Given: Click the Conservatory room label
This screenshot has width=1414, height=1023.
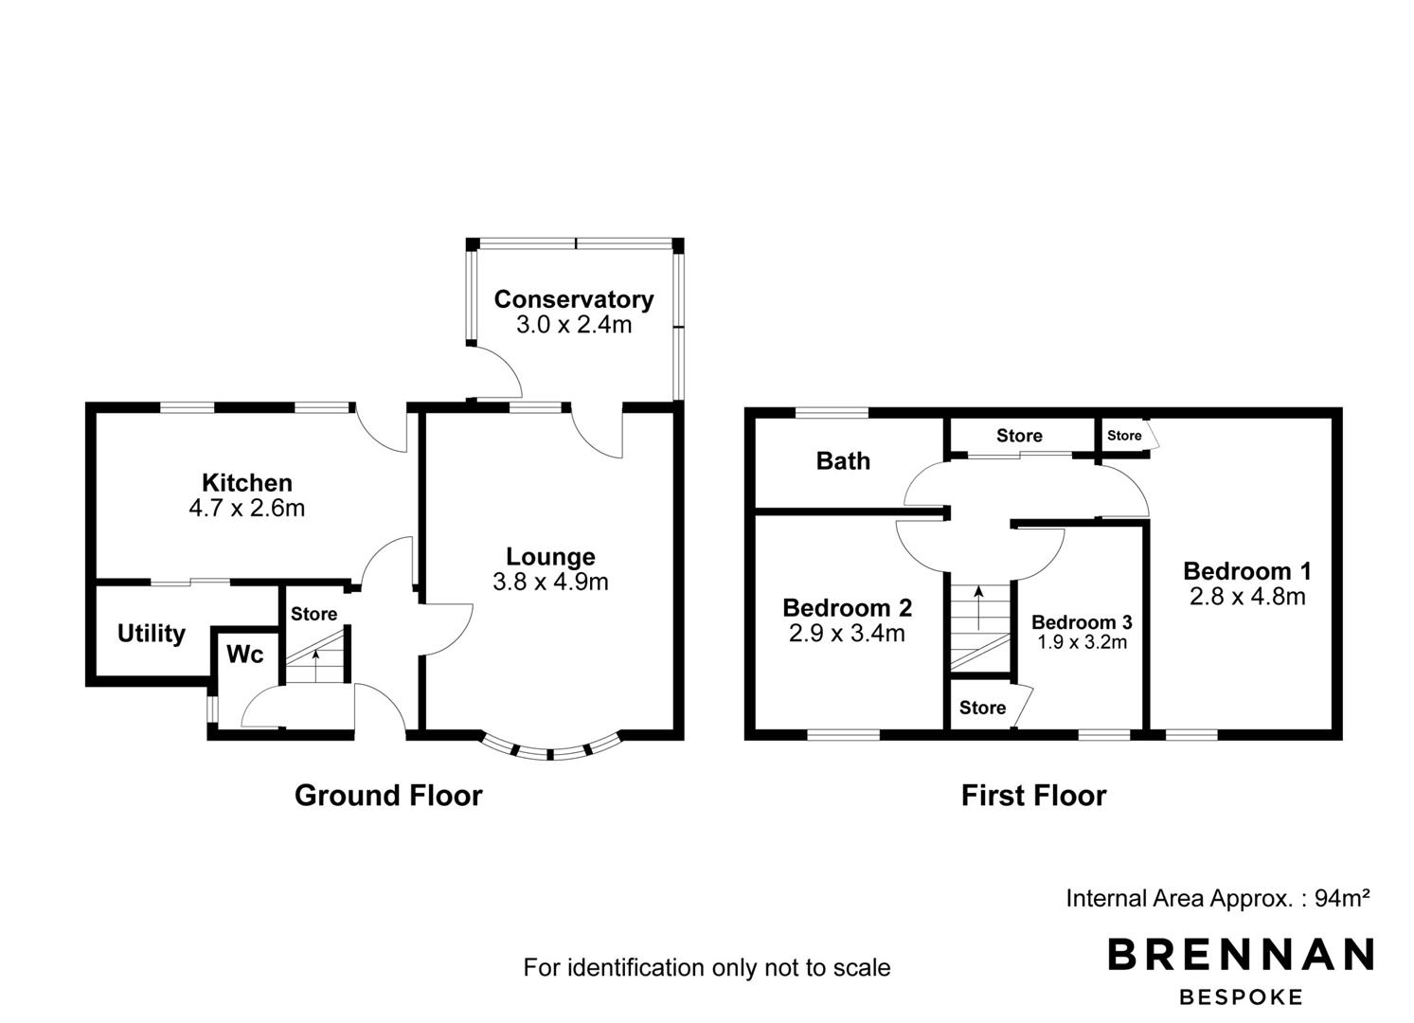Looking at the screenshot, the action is (574, 299).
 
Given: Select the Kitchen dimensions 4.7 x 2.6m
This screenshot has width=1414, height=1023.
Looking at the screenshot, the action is (247, 508).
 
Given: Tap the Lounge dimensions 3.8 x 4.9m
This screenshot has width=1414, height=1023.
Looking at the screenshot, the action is (550, 582).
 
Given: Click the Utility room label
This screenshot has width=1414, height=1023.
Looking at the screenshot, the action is (152, 634).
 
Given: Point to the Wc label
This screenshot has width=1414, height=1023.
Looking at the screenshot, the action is (245, 655).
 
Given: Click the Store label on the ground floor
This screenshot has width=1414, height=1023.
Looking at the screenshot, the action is (313, 614).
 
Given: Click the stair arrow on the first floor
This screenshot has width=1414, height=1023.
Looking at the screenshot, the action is (978, 607).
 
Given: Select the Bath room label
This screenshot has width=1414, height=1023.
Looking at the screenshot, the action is (843, 461).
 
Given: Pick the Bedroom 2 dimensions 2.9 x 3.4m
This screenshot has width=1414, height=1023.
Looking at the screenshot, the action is (847, 633).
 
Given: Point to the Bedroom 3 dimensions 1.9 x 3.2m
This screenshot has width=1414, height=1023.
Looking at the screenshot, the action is (1082, 642).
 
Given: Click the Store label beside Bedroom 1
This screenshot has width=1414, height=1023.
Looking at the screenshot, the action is (1124, 435).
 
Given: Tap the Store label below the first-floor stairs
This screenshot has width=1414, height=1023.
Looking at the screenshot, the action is (982, 708).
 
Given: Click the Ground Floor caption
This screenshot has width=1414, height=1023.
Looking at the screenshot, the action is (388, 795).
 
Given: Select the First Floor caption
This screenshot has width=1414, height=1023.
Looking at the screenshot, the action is (1033, 795).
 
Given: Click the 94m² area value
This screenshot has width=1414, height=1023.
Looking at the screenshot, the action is (1342, 897).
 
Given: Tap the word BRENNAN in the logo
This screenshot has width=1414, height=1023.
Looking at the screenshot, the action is (1241, 954).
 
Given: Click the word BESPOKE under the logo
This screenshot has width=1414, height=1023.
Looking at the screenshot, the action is (1241, 997).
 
